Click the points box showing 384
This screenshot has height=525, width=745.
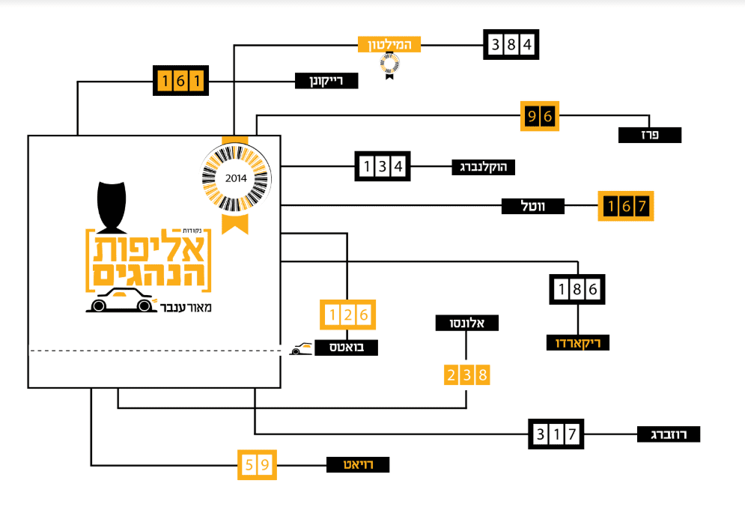tap(511, 45)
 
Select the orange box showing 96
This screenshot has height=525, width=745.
tap(540, 116)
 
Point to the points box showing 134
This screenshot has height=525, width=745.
tap(382, 166)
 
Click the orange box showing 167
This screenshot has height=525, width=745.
tap(626, 205)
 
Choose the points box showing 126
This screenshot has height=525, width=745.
tap(347, 315)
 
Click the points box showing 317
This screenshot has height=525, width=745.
tap(556, 433)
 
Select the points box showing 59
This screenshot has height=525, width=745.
tap(256, 465)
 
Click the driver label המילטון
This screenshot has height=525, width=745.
tap(389, 44)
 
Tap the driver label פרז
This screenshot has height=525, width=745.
tap(650, 135)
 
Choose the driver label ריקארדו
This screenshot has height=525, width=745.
tap(577, 342)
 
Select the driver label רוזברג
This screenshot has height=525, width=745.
tap(669, 434)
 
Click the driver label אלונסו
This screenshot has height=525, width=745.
tap(467, 323)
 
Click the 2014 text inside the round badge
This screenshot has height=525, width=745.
tap(235, 179)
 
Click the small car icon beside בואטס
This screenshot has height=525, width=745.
tap(302, 349)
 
